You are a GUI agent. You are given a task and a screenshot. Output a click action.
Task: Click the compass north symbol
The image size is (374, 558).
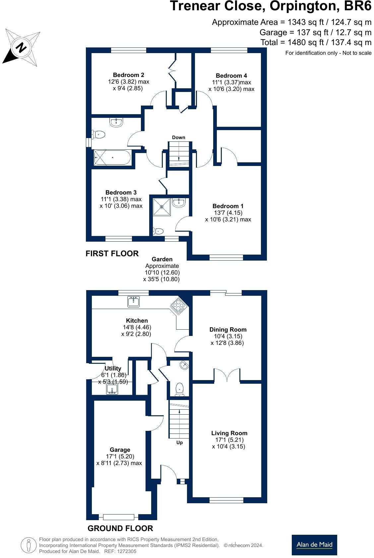(21, 48)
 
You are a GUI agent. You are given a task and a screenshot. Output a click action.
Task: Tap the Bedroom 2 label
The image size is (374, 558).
(128, 75)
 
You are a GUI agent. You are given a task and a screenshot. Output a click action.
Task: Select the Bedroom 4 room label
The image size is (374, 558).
(231, 76)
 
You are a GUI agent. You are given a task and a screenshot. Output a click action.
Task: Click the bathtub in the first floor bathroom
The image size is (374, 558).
(112, 158)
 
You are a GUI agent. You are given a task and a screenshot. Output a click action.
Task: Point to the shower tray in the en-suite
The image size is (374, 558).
(162, 207)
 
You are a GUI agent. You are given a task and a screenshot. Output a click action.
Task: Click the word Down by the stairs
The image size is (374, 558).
(178, 137)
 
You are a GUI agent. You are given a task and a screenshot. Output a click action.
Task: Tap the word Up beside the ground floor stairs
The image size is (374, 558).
(179, 442)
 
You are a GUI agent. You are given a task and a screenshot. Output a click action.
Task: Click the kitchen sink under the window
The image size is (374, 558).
(133, 302)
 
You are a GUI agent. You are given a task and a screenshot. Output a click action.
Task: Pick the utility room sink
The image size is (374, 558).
(112, 390)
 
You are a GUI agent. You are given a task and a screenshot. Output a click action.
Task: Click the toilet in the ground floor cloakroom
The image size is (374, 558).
(179, 389)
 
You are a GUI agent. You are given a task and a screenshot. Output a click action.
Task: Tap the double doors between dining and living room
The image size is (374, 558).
(227, 375)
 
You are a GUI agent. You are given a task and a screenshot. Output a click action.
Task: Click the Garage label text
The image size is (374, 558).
(120, 450)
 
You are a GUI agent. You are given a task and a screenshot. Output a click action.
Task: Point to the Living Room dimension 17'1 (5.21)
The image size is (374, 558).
(229, 440)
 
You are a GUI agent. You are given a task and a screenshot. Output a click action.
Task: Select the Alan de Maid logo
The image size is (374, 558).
(314, 545)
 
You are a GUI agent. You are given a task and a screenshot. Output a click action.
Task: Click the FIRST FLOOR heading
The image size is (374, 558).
(112, 254)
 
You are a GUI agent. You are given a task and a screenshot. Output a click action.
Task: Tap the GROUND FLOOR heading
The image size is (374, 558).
(120, 528)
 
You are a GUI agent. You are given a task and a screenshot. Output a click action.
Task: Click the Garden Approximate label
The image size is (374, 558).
(162, 263)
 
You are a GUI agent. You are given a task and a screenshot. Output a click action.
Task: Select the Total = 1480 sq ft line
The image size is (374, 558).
(316, 42)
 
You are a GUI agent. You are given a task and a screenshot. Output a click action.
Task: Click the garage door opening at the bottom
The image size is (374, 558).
(118, 517)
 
